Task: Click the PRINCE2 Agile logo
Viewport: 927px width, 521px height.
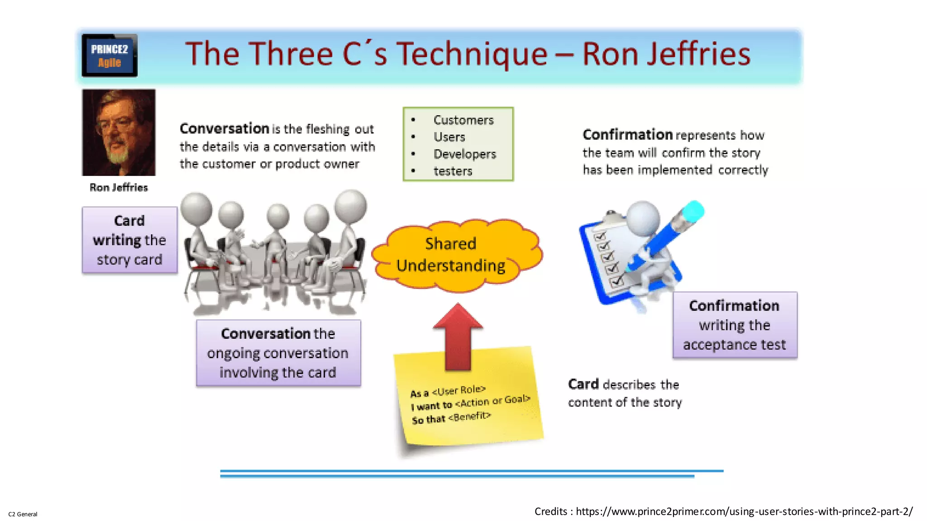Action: coord(110,55)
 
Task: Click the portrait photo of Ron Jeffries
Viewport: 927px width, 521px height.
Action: coord(119,132)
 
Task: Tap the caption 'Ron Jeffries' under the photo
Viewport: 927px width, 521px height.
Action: coord(119,187)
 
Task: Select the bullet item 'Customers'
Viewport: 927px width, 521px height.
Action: coord(463,120)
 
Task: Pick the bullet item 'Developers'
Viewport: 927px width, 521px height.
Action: coord(465,154)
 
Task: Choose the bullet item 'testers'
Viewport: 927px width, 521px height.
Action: coord(453,171)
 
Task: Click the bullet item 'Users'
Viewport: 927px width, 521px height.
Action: coord(449,137)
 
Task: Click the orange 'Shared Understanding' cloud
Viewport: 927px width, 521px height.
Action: coord(456,255)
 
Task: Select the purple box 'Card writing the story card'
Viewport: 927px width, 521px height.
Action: coord(129,240)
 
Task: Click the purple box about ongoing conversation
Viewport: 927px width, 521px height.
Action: coord(278,353)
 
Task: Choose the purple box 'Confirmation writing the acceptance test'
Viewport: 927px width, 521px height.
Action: coord(735,325)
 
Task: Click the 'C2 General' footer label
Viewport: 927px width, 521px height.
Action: coord(23,514)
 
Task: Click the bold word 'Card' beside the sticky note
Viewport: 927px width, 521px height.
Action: coord(583,384)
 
